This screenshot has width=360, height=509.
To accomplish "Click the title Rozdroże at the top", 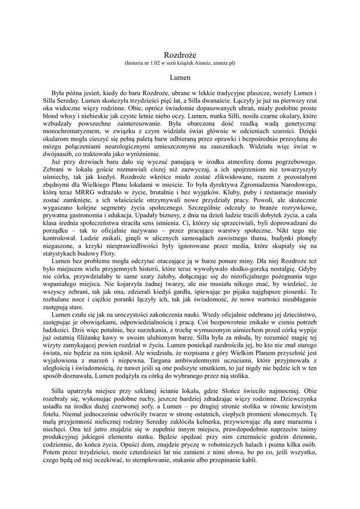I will [x=180, y=54].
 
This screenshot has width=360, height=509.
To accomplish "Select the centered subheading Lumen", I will [x=180, y=78].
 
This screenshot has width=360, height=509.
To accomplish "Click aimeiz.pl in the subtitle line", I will [x=223, y=64].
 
